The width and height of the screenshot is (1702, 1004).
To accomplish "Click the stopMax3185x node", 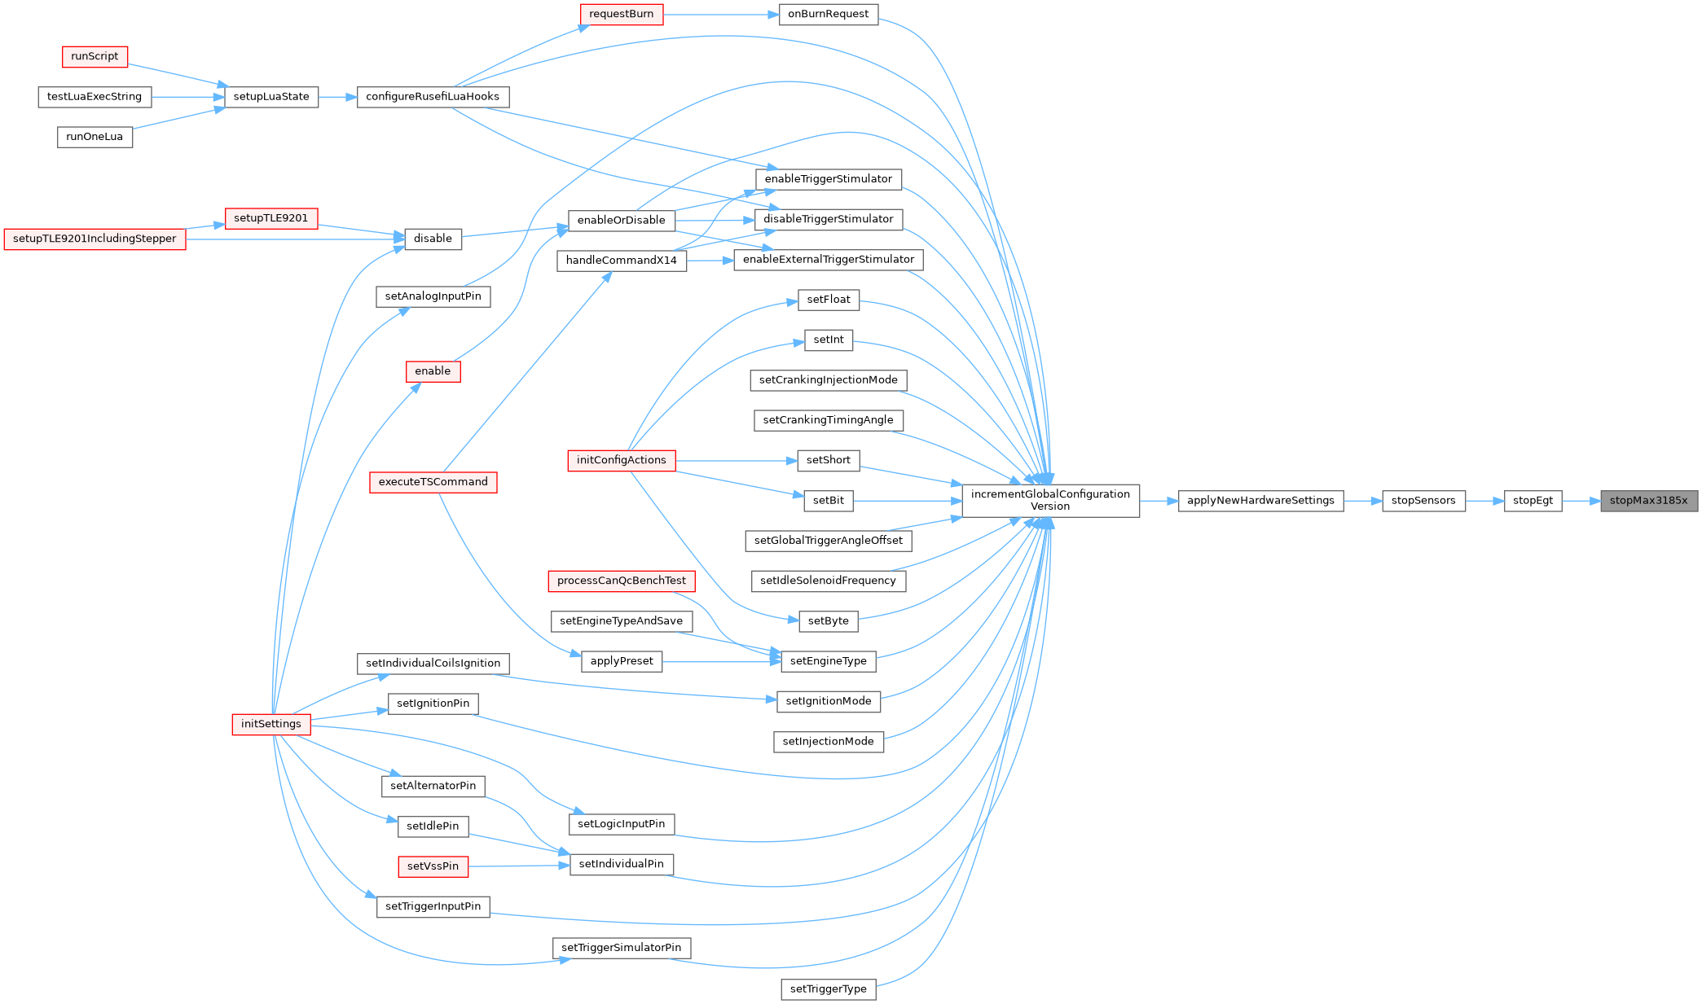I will [x=1648, y=501].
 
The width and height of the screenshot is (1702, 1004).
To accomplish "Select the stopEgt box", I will [x=1533, y=501].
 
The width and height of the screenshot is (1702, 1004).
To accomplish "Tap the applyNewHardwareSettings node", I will [x=1260, y=501].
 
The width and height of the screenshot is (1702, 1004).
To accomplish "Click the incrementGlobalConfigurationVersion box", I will [x=1050, y=501].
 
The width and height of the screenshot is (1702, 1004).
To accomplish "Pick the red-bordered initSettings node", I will [x=271, y=724].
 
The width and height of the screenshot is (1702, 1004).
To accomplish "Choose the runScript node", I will [x=95, y=56].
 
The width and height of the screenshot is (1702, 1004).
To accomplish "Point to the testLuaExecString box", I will [x=95, y=97].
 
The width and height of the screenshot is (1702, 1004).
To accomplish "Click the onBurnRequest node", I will [x=828, y=14].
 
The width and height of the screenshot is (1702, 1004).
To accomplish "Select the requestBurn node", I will [x=621, y=14].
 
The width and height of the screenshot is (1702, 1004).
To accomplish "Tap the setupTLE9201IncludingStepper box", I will [x=95, y=239].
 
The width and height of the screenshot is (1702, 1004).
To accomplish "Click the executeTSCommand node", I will [x=433, y=482].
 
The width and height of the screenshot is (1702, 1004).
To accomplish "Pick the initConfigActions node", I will [x=621, y=460].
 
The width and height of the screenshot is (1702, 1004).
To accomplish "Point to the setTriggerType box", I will [x=828, y=989].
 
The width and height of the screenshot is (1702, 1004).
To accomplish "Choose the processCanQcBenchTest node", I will [x=621, y=581].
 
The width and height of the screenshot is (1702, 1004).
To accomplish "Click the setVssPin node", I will [x=433, y=866].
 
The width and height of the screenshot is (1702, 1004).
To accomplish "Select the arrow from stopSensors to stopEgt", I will [x=1484, y=501].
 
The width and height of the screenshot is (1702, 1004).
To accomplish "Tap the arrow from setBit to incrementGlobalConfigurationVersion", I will [x=908, y=501].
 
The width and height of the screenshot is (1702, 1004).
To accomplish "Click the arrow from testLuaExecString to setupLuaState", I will [x=187, y=97].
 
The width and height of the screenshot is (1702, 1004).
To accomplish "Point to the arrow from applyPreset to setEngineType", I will [x=721, y=661].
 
